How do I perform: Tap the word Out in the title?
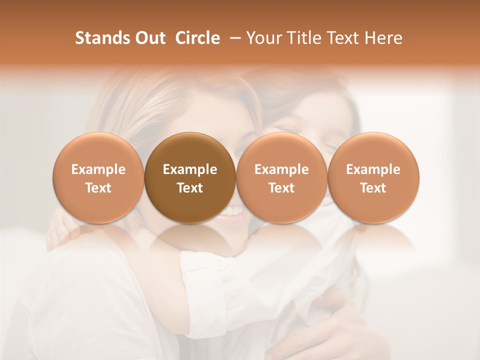coord(148,38)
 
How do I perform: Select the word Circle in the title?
coord(197,38)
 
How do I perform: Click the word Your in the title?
coord(263,38)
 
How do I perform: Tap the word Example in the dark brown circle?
coord(190,169)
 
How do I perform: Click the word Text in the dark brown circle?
coord(190,188)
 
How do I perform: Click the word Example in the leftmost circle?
coord(98,169)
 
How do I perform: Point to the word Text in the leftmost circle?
coord(98,188)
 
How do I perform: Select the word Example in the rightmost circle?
coord(373,169)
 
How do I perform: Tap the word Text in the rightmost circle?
coord(373,188)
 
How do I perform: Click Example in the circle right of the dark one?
coord(281,169)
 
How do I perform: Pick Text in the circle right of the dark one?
coord(281,188)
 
